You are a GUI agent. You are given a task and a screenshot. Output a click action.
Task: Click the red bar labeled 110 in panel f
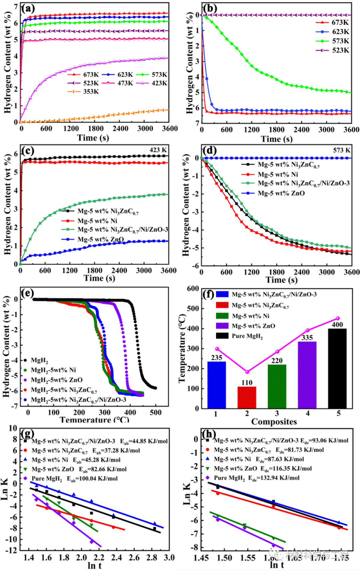pyautogui.click(x=247, y=397)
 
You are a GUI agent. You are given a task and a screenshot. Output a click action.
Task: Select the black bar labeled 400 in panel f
pyautogui.click(x=337, y=368)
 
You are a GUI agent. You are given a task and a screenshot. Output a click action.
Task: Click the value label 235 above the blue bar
pyautogui.click(x=217, y=358)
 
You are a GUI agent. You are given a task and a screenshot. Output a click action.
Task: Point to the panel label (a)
pyautogui.click(x=28, y=8)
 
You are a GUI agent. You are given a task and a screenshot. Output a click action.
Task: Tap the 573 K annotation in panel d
pyautogui.click(x=341, y=150)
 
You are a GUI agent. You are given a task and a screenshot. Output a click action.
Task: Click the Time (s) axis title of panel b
pyautogui.click(x=277, y=139)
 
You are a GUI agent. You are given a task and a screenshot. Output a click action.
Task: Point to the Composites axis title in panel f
pyautogui.click(x=274, y=422)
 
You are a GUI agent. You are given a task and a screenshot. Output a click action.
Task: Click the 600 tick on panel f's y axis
pyautogui.click(x=193, y=289)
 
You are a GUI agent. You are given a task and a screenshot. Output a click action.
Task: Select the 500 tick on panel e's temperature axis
pyautogui.click(x=156, y=412)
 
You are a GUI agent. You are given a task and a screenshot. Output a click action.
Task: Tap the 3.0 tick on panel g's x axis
pyautogui.click(x=169, y=558)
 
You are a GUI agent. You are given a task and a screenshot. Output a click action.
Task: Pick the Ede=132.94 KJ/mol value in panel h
pyautogui.click(x=274, y=478)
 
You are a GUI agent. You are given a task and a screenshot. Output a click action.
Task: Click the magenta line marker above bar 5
pyautogui.click(x=337, y=318)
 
